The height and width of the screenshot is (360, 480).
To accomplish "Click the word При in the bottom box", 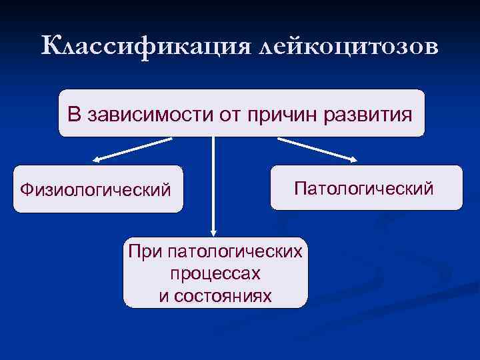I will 145,252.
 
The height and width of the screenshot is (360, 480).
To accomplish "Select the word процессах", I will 215,274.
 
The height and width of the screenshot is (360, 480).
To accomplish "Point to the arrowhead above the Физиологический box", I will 97,160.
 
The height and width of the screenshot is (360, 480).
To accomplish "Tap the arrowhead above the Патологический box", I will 353,159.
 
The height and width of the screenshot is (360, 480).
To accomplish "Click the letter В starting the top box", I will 73,114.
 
